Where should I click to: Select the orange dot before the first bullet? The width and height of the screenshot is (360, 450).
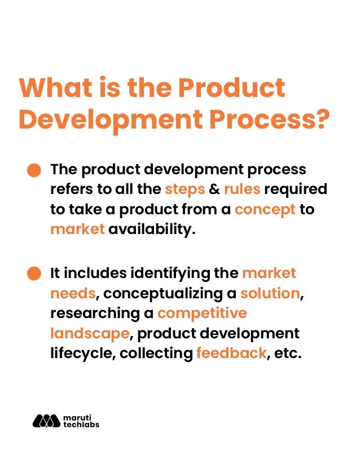[x=35, y=170]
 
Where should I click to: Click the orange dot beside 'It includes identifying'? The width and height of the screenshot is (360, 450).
[x=35, y=274]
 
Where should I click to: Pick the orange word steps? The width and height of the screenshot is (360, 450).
[x=185, y=189]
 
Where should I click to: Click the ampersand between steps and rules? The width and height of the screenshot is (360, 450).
[x=214, y=189]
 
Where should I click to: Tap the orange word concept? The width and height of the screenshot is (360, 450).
[x=265, y=209]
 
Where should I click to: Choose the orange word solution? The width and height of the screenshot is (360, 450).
[x=269, y=294]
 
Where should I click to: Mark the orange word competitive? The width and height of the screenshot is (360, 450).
[x=202, y=314]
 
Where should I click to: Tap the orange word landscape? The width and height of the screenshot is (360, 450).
[x=90, y=333]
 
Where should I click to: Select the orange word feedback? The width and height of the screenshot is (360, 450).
[x=231, y=354]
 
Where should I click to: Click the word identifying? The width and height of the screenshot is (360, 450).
[x=170, y=273]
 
